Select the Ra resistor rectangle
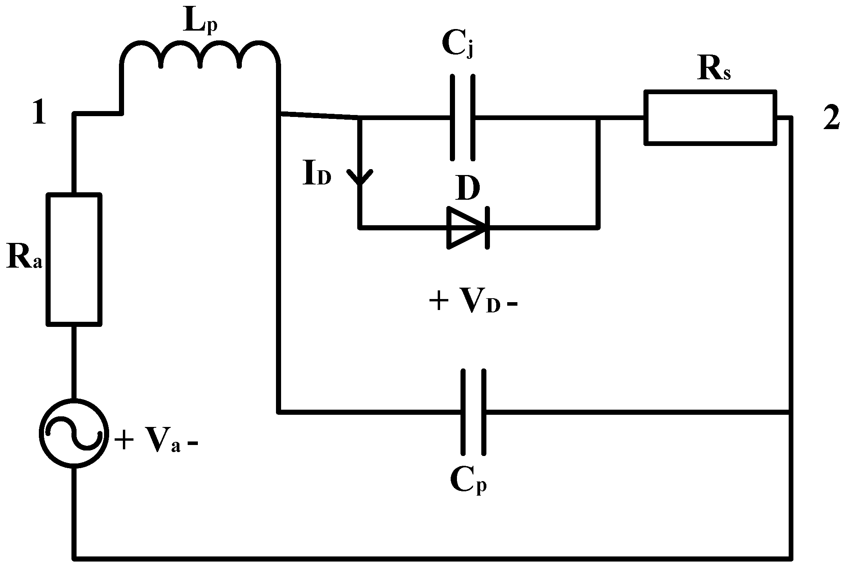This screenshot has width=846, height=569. coord(74,259)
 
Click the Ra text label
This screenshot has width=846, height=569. coord(24,259)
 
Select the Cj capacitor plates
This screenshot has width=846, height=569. coord(462,117)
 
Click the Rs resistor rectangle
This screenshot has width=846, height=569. coord(710,117)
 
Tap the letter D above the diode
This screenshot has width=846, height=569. coord(468,190)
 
